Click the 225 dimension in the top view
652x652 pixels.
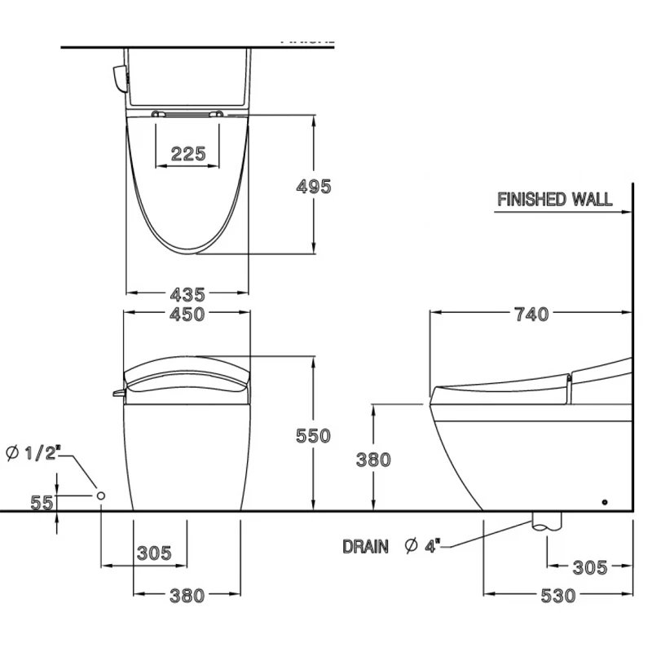[188, 153]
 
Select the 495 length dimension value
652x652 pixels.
[314, 186]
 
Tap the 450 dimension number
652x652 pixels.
[187, 315]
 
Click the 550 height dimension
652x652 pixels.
[314, 435]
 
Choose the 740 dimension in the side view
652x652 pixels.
[531, 314]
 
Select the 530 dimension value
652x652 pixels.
[557, 595]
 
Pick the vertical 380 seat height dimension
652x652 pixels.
[373, 459]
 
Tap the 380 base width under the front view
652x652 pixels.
[187, 596]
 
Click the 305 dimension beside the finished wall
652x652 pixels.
[589, 567]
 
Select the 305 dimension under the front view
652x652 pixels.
[155, 553]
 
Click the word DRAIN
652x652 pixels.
[365, 546]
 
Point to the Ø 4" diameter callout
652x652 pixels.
[422, 546]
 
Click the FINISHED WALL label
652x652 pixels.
[554, 199]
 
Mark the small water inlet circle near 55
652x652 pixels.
[101, 496]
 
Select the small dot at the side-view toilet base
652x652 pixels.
[605, 501]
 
